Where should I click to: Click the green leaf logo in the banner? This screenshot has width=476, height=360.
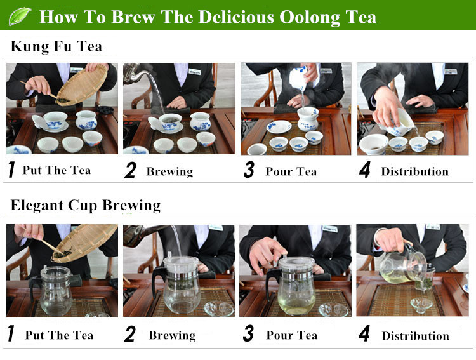click(20, 16)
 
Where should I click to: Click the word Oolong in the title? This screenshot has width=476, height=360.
click(310, 17)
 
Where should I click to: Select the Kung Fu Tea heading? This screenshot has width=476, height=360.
click(56, 47)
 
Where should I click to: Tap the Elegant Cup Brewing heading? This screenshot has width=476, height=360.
click(86, 206)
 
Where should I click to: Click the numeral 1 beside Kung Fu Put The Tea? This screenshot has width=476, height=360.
click(11, 170)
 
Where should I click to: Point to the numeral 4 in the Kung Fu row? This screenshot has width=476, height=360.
click(364, 170)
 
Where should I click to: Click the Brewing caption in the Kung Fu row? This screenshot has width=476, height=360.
click(169, 172)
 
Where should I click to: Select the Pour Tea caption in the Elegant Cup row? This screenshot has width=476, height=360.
click(292, 335)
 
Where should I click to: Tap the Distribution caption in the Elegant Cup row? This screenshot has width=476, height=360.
click(415, 336)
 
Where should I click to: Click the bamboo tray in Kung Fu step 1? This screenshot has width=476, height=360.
click(82, 85)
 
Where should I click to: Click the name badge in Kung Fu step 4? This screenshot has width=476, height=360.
click(451, 71)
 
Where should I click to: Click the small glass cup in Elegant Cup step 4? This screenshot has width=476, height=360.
click(421, 305)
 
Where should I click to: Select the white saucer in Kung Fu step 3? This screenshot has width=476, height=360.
click(279, 127)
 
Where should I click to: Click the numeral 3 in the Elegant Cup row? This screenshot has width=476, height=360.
click(248, 333)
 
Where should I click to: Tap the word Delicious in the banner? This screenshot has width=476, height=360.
click(236, 17)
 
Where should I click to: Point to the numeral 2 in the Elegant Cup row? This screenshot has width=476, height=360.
click(129, 334)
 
